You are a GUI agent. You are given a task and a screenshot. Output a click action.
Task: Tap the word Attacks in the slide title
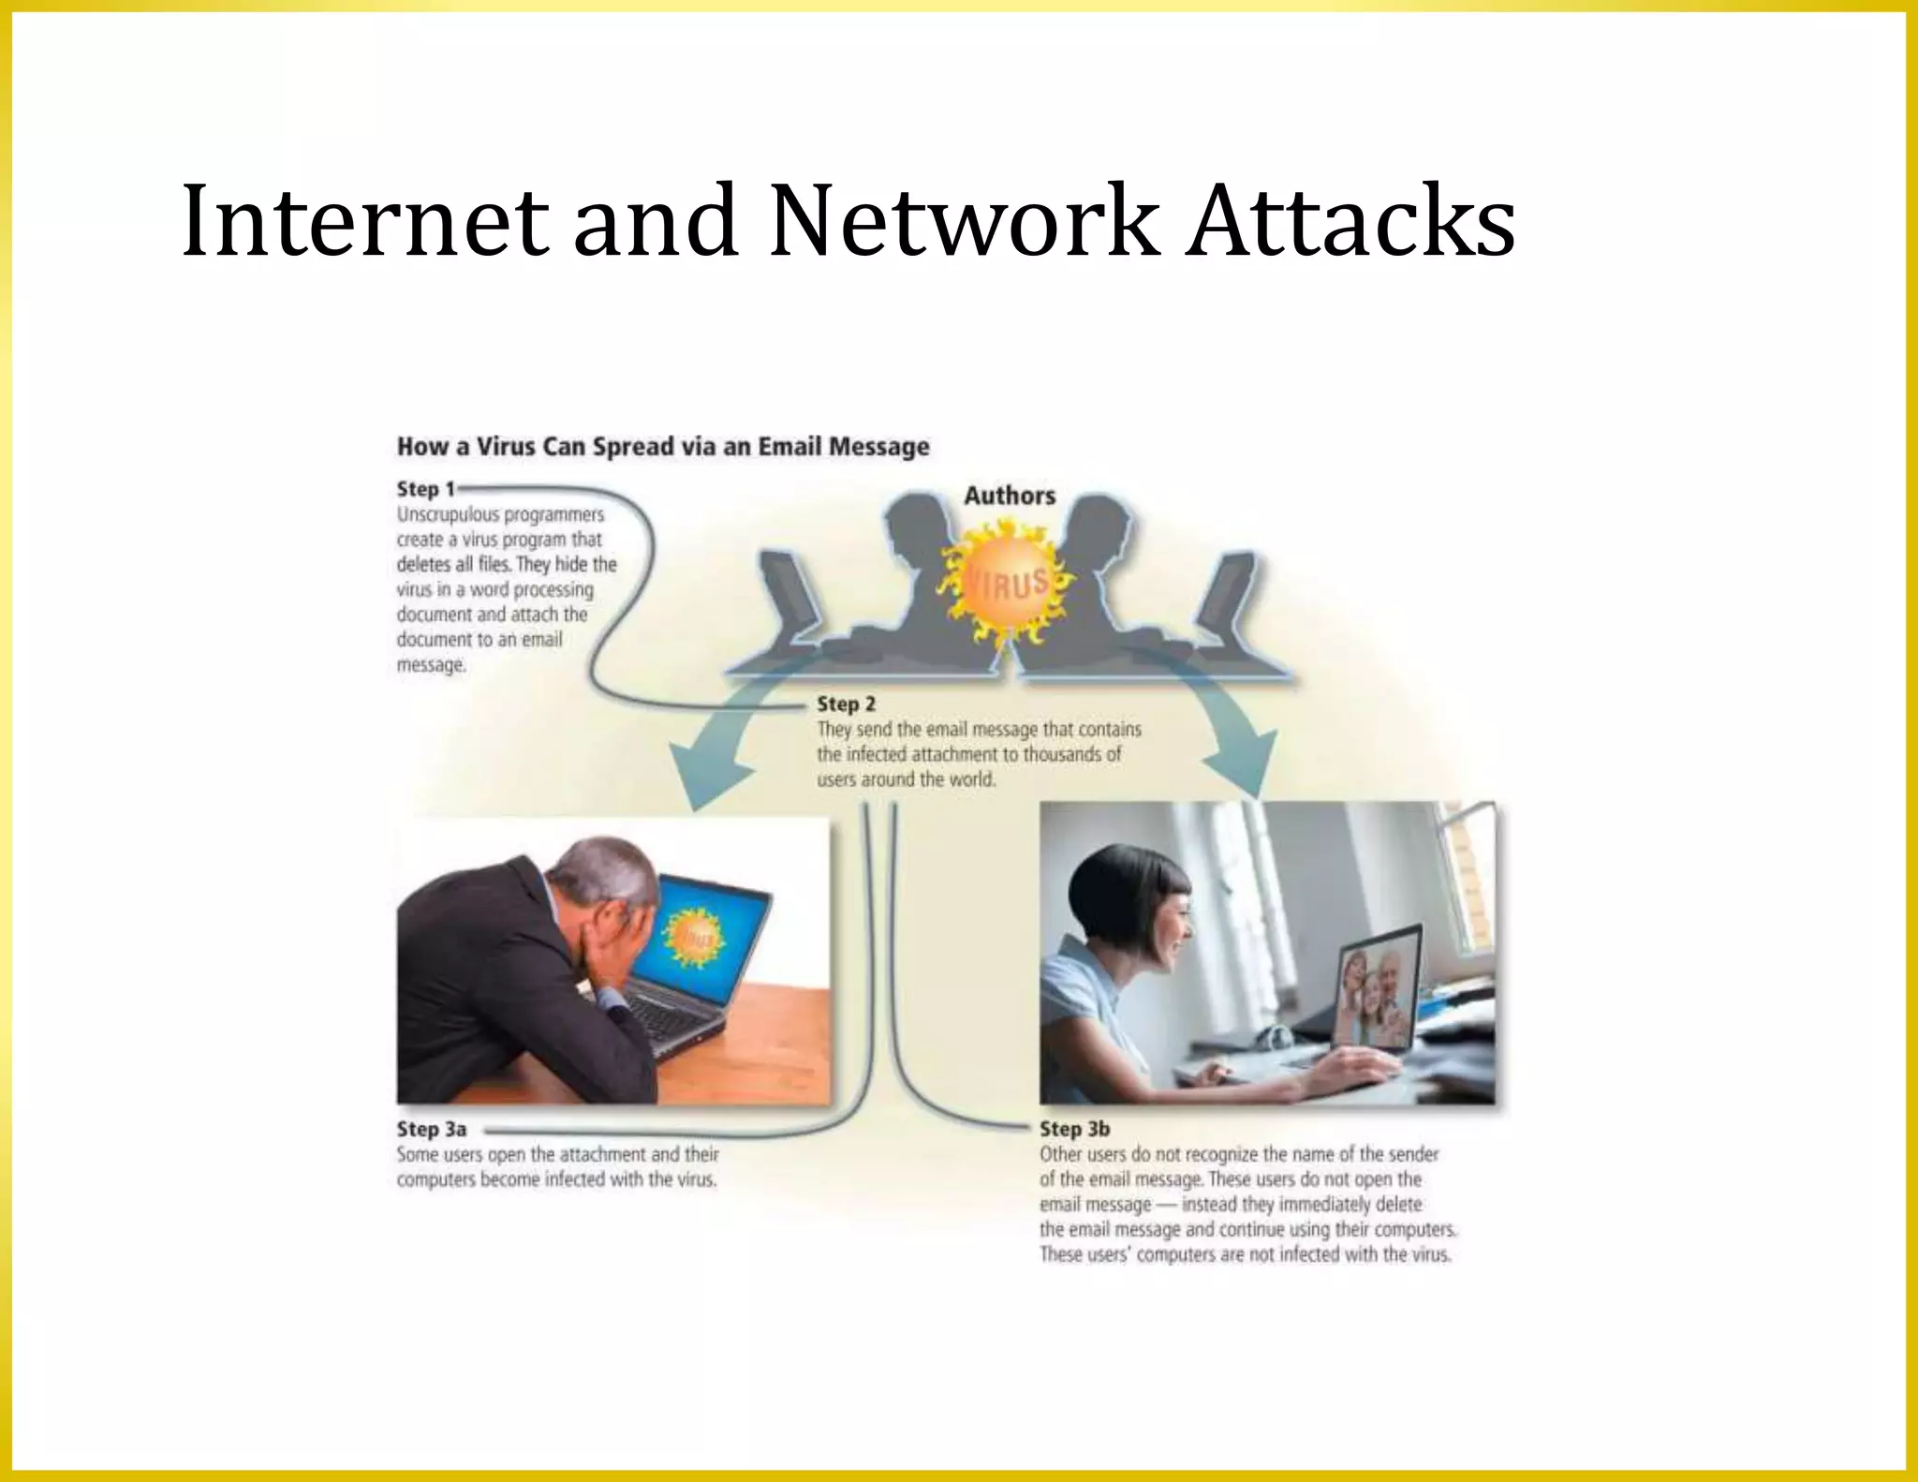pyautogui.click(x=1350, y=221)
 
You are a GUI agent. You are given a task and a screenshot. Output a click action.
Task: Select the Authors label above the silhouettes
pyautogui.click(x=1010, y=496)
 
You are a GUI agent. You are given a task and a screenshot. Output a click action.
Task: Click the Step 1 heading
pyautogui.click(x=425, y=489)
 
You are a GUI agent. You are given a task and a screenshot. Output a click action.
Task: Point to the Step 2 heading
pyautogui.click(x=846, y=704)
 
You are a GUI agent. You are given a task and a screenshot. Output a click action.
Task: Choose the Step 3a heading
pyautogui.click(x=431, y=1129)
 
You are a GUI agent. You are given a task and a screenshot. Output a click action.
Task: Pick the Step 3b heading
pyautogui.click(x=1074, y=1129)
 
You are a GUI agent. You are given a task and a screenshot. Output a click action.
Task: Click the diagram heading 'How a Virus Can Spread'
pyautogui.click(x=662, y=446)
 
